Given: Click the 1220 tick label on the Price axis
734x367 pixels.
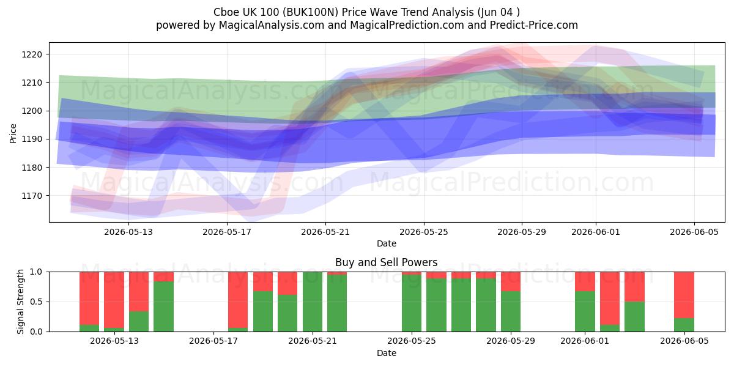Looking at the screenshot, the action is pyautogui.click(x=32, y=54).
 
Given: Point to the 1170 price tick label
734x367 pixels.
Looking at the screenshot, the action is pyautogui.click(x=32, y=196).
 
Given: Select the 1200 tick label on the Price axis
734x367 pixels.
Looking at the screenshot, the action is pyautogui.click(x=32, y=111).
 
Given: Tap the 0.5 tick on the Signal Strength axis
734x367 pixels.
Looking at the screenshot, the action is pyautogui.click(x=36, y=302).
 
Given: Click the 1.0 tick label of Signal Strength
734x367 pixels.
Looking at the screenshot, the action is pyautogui.click(x=36, y=272).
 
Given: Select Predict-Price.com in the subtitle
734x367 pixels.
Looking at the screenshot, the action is pyautogui.click(x=533, y=25).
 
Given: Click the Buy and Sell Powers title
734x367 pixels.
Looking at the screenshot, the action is pyautogui.click(x=386, y=262).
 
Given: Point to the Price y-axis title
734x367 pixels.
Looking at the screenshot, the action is pyautogui.click(x=13, y=133).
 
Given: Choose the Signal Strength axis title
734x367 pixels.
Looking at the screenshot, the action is pyautogui.click(x=20, y=302).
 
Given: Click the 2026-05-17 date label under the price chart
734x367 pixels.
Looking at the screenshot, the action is pyautogui.click(x=227, y=232).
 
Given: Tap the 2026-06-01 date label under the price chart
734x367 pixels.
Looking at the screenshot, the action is pyautogui.click(x=596, y=232).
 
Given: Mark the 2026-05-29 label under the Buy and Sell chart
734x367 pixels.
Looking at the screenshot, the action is pyautogui.click(x=511, y=341).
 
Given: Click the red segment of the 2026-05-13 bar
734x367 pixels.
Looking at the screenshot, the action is pyautogui.click(x=114, y=300).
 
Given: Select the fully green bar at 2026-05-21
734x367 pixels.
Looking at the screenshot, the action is pyautogui.click(x=313, y=302).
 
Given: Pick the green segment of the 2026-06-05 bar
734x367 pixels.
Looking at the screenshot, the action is pyautogui.click(x=684, y=325).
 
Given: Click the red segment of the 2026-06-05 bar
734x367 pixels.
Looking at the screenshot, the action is pyautogui.click(x=684, y=295).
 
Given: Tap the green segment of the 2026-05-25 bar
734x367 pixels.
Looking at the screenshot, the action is pyautogui.click(x=412, y=303).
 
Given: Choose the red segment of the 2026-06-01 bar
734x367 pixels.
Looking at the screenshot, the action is pyautogui.click(x=585, y=281).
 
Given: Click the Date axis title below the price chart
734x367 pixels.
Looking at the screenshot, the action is pyautogui.click(x=387, y=243).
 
